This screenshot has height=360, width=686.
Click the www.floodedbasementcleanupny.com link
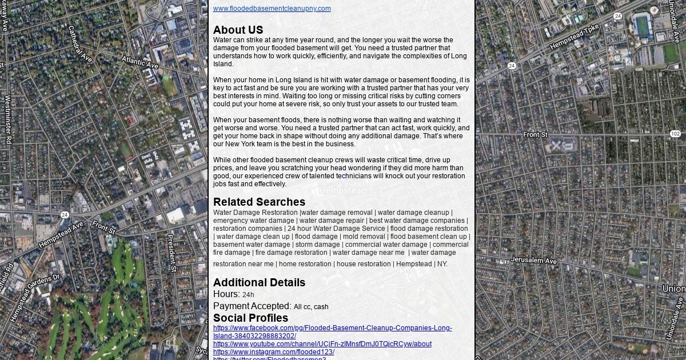272,9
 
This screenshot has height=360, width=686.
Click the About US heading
238,30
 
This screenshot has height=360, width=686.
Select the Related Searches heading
259,202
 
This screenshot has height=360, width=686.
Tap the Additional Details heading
259,283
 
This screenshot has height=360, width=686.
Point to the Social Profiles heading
250,318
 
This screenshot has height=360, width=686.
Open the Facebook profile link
332,329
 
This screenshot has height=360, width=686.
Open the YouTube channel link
322,344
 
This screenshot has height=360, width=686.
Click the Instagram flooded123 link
273,352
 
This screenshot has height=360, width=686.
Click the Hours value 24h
248,295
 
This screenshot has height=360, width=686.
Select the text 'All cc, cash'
311,307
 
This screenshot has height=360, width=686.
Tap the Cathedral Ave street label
79,43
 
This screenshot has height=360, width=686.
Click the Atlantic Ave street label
139,62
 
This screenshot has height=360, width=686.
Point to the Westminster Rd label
8,119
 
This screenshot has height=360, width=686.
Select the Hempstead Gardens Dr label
34,297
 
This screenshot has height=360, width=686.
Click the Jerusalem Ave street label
533,261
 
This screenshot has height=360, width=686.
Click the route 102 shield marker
675,134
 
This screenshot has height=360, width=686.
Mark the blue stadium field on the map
643,25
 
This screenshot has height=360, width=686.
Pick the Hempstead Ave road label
61,235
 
